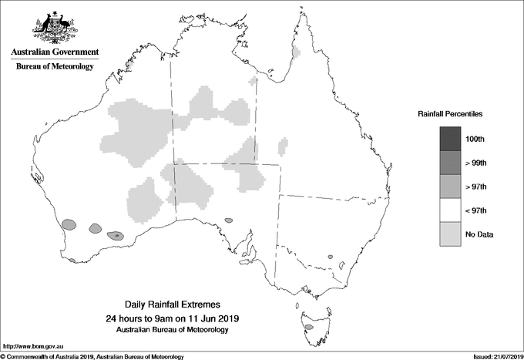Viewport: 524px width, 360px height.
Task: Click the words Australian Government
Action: [55, 52]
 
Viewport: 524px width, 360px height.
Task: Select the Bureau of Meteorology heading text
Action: [55, 67]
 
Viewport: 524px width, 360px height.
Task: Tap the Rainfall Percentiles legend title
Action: [450, 114]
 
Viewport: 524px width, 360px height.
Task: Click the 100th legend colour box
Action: [450, 139]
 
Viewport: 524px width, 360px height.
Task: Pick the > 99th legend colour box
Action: [450, 163]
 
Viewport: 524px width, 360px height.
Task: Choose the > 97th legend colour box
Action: [450, 187]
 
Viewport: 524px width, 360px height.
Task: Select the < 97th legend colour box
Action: [450, 210]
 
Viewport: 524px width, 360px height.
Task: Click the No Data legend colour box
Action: [450, 234]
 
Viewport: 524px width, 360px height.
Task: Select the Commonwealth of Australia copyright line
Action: [92, 356]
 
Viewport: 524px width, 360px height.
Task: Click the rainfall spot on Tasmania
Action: [308, 327]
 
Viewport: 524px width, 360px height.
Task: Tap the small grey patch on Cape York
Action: [297, 52]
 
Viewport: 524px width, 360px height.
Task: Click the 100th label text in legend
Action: [475, 139]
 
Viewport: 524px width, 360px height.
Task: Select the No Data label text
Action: [479, 234]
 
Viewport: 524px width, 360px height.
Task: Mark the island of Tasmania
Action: [313, 324]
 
